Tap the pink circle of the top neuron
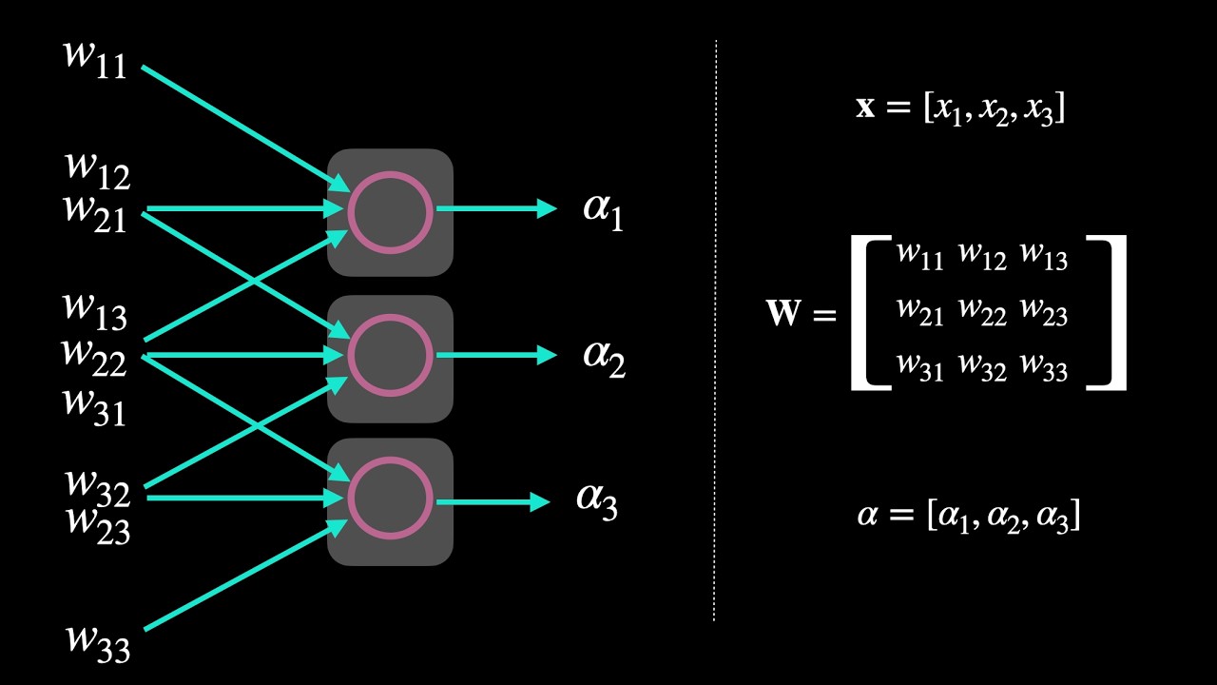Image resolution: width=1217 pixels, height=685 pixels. click(x=390, y=212)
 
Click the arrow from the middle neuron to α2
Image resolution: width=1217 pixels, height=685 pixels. click(x=495, y=355)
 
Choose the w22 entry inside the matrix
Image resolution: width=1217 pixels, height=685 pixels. click(x=982, y=312)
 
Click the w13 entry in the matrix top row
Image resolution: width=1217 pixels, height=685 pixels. click(x=1044, y=257)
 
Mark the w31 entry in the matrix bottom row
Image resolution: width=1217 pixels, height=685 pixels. click(x=919, y=367)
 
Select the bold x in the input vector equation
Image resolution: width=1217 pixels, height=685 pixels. click(x=864, y=107)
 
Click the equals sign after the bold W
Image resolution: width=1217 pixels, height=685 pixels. click(x=824, y=314)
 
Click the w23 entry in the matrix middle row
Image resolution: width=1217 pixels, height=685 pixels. click(x=1044, y=312)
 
